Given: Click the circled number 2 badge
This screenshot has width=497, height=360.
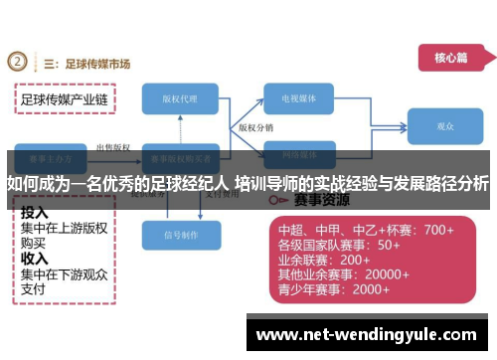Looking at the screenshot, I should coord(18,63).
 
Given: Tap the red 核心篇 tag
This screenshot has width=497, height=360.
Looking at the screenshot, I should coord(449,58).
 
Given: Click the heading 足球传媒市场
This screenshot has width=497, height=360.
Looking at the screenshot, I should coord(96,64).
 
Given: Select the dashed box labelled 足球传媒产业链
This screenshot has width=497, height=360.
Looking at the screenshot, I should coord(64,99).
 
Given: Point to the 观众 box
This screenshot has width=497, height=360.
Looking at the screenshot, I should coord(444,126).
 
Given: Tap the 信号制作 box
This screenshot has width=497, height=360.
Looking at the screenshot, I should coord(181,236).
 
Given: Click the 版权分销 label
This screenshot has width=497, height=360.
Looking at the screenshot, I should coord(255,128).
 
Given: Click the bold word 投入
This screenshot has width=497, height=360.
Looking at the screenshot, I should coord(35,212).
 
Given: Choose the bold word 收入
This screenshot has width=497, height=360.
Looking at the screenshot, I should coord(35,258).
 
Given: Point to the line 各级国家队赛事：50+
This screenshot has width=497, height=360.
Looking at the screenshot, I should coord(338,245).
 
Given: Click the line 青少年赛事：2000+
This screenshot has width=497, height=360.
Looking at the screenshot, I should coord(333,289).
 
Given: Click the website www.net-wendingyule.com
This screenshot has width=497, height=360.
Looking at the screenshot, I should coord(373,334).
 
